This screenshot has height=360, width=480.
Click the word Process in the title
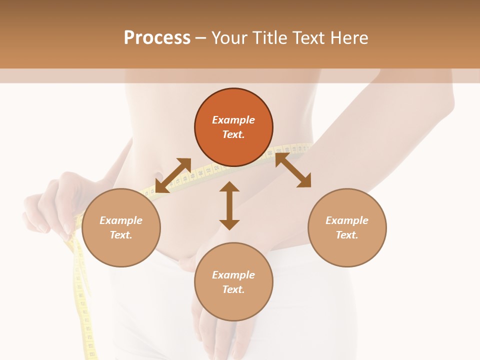pyautogui.click(x=157, y=38)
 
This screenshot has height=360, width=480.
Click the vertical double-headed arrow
pyautogui.click(x=229, y=205)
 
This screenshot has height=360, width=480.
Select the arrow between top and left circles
pyautogui.click(x=173, y=175)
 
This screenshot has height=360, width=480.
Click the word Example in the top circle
pyautogui.click(x=233, y=120)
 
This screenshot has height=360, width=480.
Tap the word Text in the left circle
pyautogui.click(x=121, y=235)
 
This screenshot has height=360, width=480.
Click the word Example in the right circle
pyautogui.click(x=347, y=220)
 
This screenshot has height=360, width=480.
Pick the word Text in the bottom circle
pyautogui.click(x=233, y=289)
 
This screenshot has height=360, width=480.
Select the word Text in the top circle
pyautogui.click(x=233, y=134)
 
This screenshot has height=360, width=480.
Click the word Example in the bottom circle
pyautogui.click(x=233, y=275)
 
